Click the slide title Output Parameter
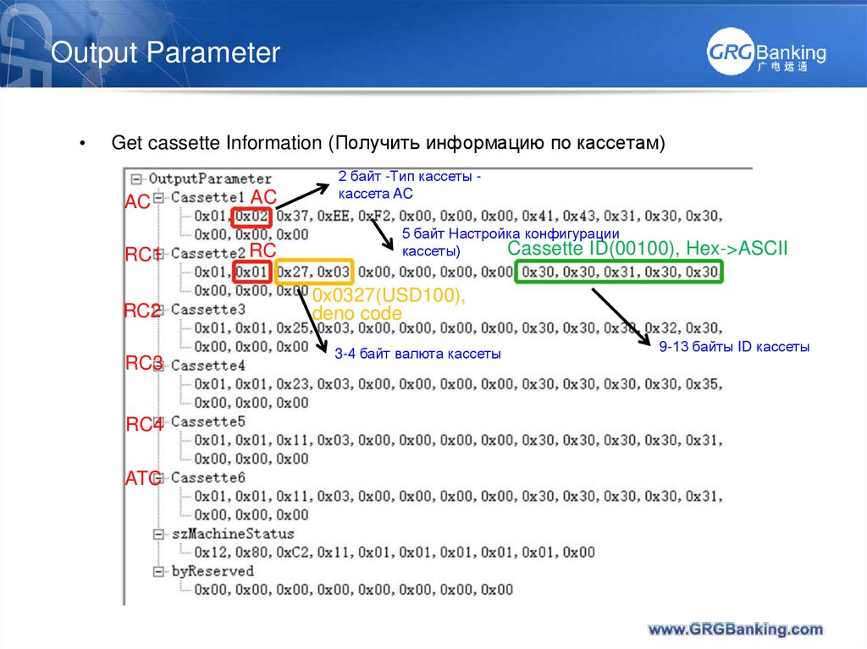(x=165, y=53)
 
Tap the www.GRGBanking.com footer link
(x=735, y=629)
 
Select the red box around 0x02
(x=252, y=216)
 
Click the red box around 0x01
(x=252, y=272)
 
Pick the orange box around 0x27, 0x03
(x=313, y=272)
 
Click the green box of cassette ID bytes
(x=621, y=272)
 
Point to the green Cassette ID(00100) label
(x=648, y=249)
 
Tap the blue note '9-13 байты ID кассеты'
(x=734, y=346)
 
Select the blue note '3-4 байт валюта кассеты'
(x=417, y=354)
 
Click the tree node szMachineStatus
(x=232, y=534)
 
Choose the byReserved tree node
(x=212, y=571)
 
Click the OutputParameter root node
(x=210, y=179)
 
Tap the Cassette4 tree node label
(x=207, y=366)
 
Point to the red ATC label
(x=141, y=479)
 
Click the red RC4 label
(x=143, y=425)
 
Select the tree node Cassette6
(x=207, y=478)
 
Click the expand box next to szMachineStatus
(x=158, y=534)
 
